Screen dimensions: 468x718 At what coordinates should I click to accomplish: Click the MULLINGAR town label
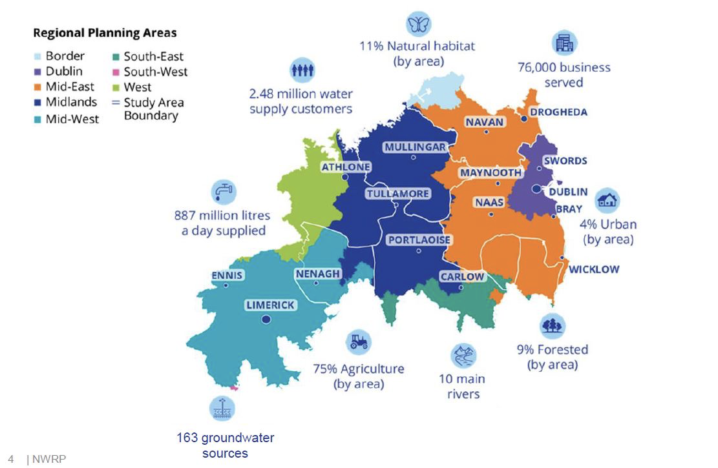coord(415,147)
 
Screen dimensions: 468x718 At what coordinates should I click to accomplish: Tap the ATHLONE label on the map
coord(346,167)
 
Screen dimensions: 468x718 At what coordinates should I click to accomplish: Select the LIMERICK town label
coord(270,305)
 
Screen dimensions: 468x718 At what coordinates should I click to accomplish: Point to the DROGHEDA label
coord(558,112)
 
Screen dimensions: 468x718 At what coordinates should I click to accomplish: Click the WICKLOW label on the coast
coord(593,269)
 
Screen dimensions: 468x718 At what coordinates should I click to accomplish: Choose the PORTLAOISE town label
coord(419,240)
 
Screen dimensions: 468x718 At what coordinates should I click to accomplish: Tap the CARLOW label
coord(461,277)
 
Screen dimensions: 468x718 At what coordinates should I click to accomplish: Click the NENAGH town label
coord(317,274)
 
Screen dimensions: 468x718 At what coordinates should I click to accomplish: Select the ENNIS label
coord(227,276)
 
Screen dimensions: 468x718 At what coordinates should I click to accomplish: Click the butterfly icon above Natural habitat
coord(417,24)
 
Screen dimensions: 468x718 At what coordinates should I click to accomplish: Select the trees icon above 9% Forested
coord(553,325)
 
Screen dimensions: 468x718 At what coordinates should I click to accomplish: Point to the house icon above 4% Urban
coord(607,200)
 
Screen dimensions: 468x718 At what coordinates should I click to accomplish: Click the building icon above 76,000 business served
coord(564,43)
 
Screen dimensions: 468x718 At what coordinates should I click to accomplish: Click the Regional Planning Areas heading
coord(105,33)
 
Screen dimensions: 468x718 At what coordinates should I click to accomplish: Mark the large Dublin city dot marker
coord(536,189)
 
